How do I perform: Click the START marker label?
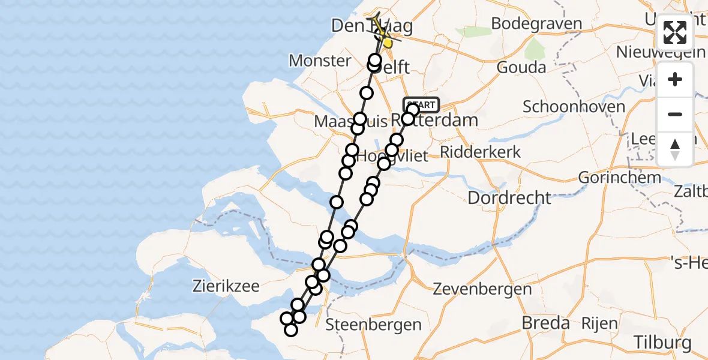(422, 104)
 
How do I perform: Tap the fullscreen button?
(675, 32)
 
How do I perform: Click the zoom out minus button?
(675, 114)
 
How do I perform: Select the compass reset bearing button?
(675, 149)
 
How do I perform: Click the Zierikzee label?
(226, 286)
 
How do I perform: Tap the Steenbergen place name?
(373, 325)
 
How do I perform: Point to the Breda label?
(545, 323)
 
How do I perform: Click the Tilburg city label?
(662, 343)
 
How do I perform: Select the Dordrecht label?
(509, 197)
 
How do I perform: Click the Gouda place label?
(521, 67)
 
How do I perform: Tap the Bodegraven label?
(536, 24)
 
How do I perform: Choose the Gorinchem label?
(619, 178)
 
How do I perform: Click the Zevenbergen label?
(483, 289)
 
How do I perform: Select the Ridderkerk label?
(480, 152)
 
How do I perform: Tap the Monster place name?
(320, 60)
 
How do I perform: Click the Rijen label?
(599, 324)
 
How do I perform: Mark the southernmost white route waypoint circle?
(291, 329)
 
